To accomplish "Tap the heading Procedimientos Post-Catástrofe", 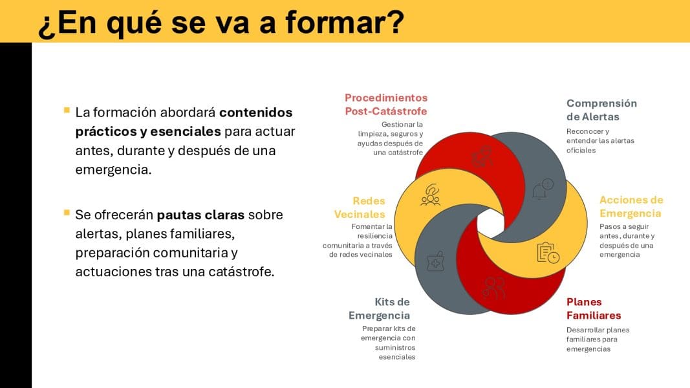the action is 386,104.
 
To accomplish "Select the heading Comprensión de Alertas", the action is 601,110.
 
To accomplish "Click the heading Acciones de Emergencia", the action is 631,206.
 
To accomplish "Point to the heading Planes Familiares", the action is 594,308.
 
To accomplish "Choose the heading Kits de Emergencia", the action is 379,308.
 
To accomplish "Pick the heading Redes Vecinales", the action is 360,207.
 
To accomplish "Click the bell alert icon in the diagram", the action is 543,189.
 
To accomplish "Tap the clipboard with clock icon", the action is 548,253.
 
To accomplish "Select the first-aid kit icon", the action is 435,262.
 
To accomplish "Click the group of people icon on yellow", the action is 431,195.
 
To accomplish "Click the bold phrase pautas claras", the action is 200,215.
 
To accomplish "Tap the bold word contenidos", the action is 255,112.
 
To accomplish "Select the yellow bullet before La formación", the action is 67,110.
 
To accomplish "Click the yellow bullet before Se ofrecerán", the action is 67,213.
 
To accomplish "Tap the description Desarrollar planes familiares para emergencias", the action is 598,339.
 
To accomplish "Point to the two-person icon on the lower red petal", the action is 494,288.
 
